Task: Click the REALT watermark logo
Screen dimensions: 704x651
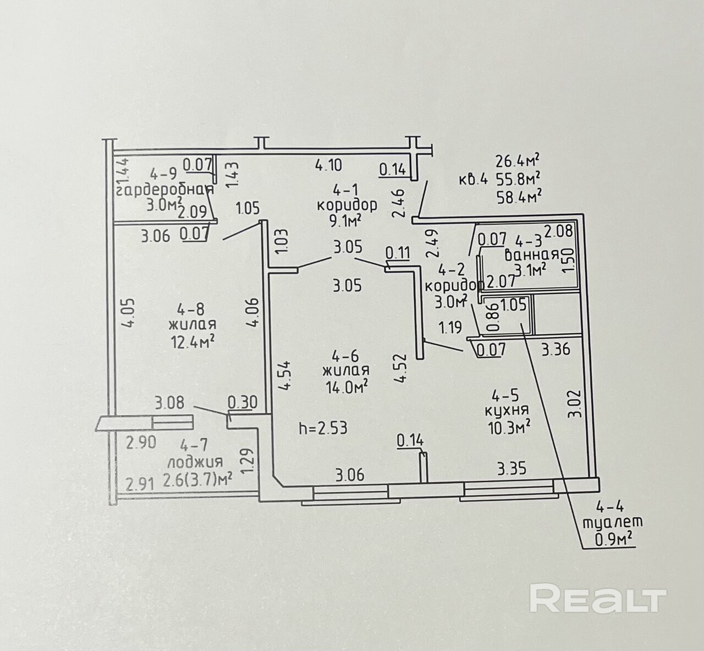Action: tap(598, 599)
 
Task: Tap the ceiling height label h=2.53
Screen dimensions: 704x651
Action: tap(323, 428)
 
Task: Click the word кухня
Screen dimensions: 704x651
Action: tap(507, 410)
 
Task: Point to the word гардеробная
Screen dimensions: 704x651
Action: tap(164, 191)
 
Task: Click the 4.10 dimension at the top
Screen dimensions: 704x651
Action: tap(328, 164)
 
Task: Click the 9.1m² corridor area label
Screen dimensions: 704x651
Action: tap(346, 220)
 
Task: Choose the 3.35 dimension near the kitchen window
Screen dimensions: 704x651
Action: tap(512, 469)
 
